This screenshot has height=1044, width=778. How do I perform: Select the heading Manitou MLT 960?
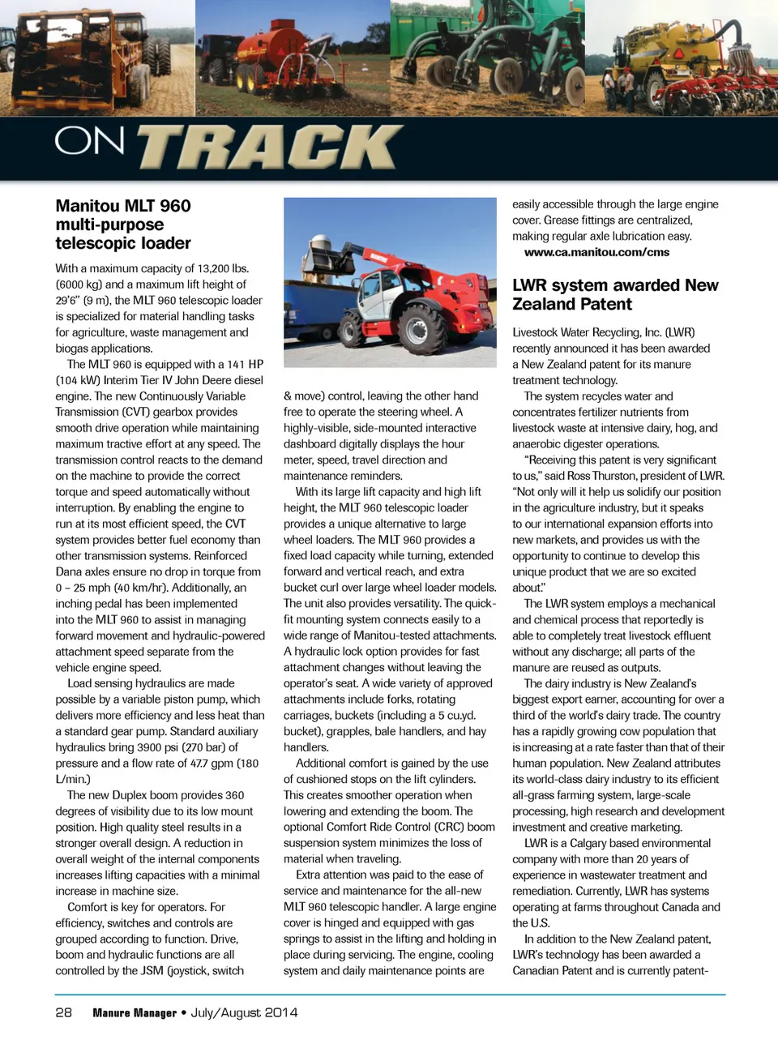123,206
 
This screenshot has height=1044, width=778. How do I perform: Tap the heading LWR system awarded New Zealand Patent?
614,294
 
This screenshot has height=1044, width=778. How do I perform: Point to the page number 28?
63,1012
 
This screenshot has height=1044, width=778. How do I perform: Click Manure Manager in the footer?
134,1012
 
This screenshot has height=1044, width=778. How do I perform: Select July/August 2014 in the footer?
244,1012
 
